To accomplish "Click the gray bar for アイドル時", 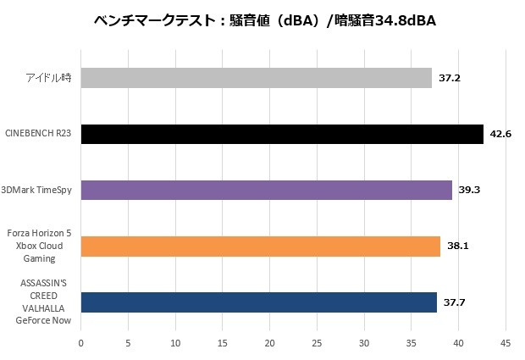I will click(x=256, y=79).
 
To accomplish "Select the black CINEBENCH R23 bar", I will click(x=282, y=135).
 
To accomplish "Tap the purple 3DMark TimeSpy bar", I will click(x=266, y=191).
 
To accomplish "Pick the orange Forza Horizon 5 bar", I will click(x=261, y=246).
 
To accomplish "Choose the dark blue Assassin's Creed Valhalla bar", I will click(x=259, y=302).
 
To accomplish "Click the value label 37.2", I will click(x=450, y=79).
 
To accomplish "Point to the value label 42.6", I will click(x=500, y=135).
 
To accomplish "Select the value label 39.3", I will click(x=469, y=191).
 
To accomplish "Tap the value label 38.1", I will click(x=458, y=246).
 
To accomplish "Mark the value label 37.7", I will click(x=455, y=302).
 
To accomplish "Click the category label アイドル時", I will click(x=47, y=79).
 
